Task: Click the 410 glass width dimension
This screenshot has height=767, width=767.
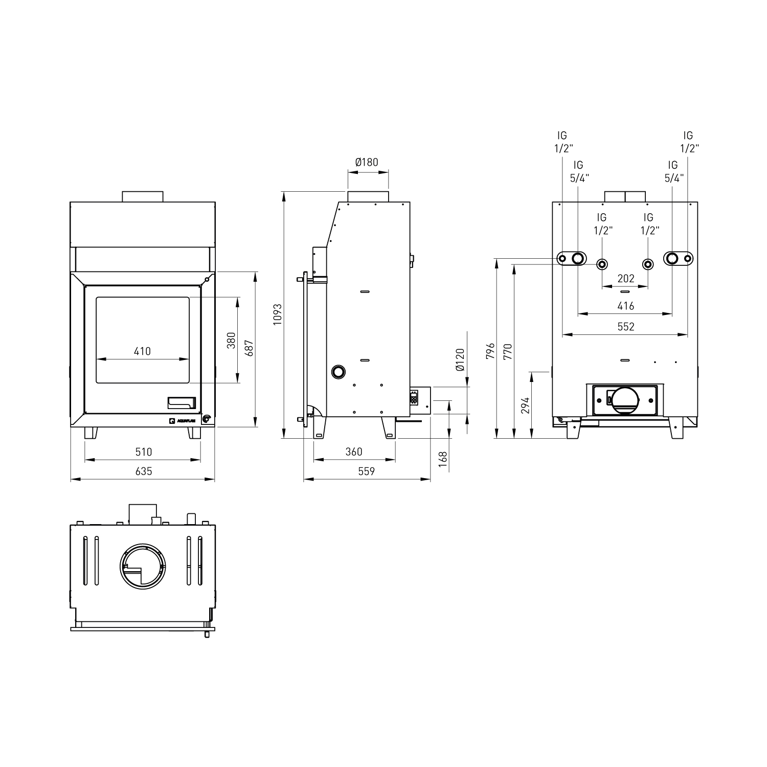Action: (142, 351)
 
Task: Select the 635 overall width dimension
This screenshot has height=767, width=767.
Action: (144, 471)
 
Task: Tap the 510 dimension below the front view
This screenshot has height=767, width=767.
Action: (144, 452)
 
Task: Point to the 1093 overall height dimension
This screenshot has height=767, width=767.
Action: (277, 314)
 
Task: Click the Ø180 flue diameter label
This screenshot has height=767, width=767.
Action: (367, 162)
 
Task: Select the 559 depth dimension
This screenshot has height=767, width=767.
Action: (367, 471)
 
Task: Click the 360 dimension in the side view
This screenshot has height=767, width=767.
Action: (354, 452)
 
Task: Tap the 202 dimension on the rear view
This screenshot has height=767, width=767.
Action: (625, 278)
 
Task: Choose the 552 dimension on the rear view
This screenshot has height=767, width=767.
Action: (625, 326)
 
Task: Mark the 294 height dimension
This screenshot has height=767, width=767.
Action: (525, 405)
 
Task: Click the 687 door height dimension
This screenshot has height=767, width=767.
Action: (249, 348)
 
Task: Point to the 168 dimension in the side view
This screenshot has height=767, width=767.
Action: (443, 457)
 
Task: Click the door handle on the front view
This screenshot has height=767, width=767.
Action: (182, 403)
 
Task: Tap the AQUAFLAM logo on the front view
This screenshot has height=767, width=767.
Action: (182, 421)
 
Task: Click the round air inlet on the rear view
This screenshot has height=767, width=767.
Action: (625, 401)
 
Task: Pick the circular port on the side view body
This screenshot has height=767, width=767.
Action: (338, 372)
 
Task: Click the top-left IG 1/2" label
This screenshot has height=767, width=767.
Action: (562, 142)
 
